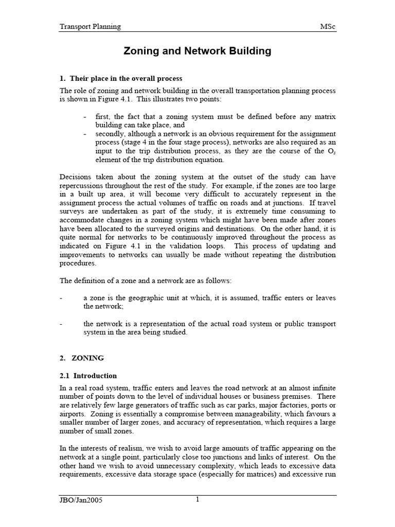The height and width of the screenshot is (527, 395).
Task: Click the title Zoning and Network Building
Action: [197, 51]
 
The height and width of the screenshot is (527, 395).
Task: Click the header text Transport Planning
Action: [90, 26]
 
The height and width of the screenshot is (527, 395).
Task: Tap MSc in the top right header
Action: [328, 26]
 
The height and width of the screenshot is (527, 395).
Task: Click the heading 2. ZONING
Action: [82, 357]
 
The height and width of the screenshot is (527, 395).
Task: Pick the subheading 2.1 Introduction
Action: [88, 376]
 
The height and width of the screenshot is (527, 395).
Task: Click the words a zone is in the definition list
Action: [99, 297]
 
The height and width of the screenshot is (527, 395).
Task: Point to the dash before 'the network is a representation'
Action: [62, 324]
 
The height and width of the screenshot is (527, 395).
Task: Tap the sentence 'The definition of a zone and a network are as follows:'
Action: [146, 280]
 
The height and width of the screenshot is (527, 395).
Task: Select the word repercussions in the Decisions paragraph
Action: [85, 186]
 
